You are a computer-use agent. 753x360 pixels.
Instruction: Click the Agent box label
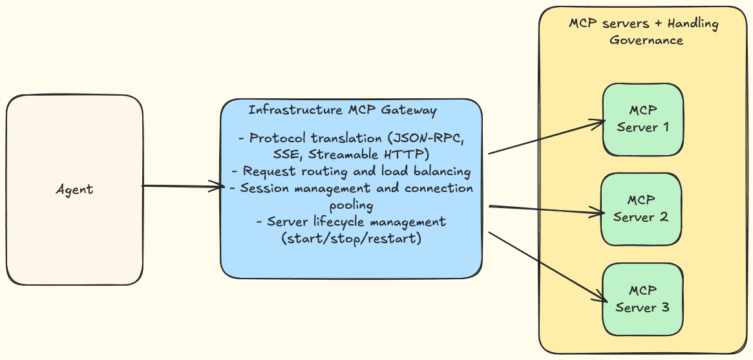(x=74, y=189)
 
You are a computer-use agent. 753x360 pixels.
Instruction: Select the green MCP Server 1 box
(x=642, y=119)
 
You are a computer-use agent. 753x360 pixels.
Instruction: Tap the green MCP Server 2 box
(x=642, y=209)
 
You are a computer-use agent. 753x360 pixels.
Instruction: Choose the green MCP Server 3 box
(x=642, y=299)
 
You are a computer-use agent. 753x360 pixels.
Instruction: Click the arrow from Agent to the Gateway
(x=181, y=187)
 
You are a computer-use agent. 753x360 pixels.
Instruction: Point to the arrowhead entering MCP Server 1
(x=600, y=122)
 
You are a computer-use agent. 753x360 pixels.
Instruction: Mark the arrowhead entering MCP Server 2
(x=598, y=211)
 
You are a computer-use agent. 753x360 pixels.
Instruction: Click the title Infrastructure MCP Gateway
(x=343, y=111)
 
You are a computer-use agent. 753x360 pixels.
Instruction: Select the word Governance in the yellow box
(x=646, y=40)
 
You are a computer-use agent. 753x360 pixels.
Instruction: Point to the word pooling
(x=351, y=206)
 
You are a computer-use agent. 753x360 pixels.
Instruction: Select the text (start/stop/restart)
(x=351, y=238)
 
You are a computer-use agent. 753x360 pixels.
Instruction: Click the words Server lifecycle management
(x=356, y=222)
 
